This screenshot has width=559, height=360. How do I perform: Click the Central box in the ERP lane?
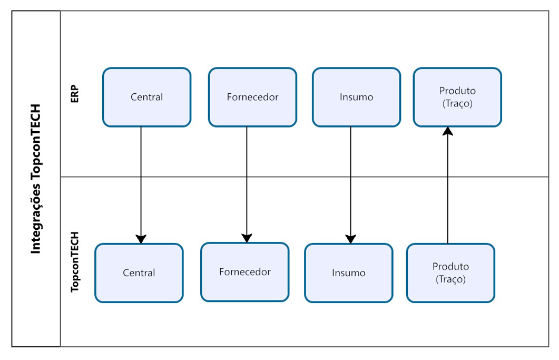pos(146,98)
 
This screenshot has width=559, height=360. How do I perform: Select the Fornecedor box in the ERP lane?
pos(252,98)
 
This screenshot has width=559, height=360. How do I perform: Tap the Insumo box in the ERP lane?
pos(356,98)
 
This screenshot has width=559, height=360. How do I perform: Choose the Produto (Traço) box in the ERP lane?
pos(457,98)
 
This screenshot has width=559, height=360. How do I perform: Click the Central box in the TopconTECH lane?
pos(139,273)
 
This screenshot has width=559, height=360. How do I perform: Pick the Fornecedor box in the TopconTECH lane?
pos(245,272)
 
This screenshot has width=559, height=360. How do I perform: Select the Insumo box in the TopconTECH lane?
pos(349,273)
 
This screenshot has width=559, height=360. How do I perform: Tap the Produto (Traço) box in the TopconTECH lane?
pos(450,273)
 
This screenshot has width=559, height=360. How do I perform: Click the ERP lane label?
pos(74,94)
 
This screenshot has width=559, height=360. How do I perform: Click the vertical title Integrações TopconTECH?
pos(36,179)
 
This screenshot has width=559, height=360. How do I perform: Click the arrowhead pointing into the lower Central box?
pos(141,239)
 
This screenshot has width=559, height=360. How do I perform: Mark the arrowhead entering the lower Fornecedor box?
pos(247,238)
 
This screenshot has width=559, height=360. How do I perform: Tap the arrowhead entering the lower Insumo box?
pos(350,239)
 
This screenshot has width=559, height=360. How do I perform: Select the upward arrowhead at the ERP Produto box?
pos(447,131)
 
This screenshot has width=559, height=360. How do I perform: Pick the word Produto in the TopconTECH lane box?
pos(450,267)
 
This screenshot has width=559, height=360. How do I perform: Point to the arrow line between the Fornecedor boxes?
pos(247,179)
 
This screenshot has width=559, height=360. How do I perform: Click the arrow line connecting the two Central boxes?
pos(141,179)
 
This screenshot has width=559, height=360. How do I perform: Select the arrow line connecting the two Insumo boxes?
pos(350,179)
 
